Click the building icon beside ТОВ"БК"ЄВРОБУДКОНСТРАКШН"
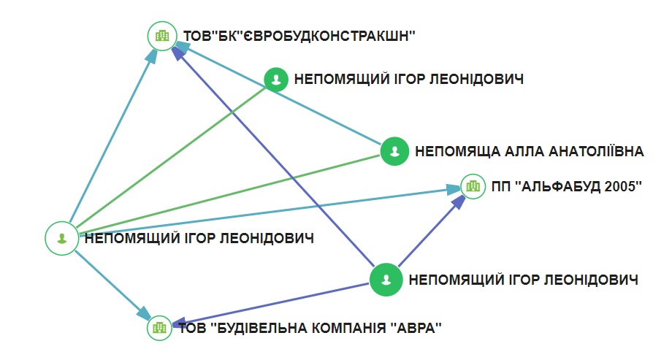click(163, 35)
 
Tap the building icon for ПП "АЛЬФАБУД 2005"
click(473, 186)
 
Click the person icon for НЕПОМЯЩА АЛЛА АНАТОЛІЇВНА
click(394, 151)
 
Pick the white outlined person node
click(61, 237)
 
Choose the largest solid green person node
click(386, 279)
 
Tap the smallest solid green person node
click(275, 79)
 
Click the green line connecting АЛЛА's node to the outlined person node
click(226, 193)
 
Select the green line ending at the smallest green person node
click(168, 158)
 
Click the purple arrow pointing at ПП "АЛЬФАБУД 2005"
click(431, 230)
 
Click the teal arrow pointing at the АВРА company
click(110, 281)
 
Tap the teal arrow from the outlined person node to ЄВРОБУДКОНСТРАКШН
click(110, 131)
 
